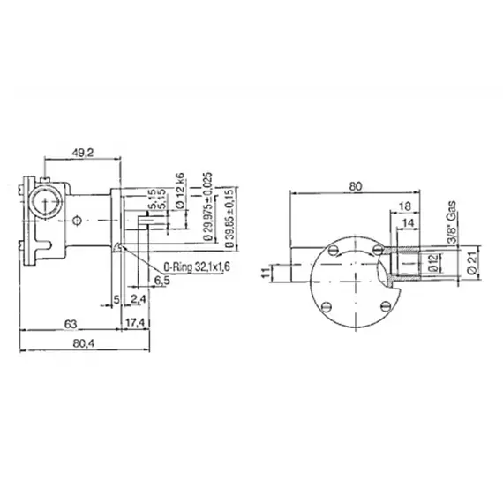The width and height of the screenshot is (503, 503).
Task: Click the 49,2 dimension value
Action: tap(82, 153)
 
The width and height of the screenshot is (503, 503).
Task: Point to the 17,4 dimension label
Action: tap(135, 321)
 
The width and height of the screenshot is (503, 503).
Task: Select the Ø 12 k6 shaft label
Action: tap(181, 190)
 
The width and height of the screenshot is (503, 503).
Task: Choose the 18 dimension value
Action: tap(404, 206)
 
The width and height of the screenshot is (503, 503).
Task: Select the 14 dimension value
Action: tap(409, 223)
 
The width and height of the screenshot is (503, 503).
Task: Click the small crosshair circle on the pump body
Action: tap(79, 221)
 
